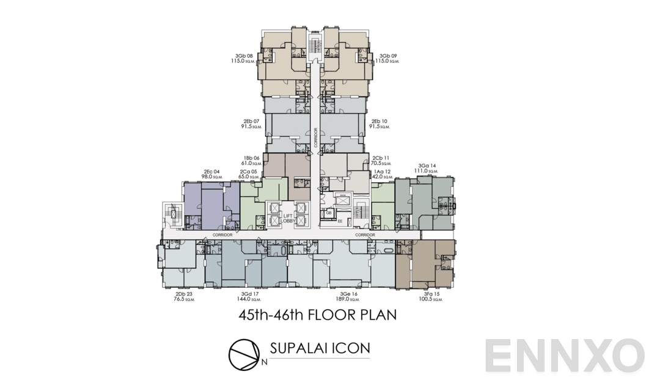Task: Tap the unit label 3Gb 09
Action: click(x=388, y=56)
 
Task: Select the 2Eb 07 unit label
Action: click(x=251, y=121)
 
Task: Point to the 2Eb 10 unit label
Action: click(x=380, y=121)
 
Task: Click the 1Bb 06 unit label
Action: click(x=251, y=158)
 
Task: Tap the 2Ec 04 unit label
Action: click(x=212, y=172)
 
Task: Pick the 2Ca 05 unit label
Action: click(x=248, y=172)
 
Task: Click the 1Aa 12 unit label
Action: click(x=382, y=172)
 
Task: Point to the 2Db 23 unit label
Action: click(x=183, y=294)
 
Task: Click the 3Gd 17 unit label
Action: click(x=250, y=294)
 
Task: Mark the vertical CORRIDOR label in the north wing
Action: click(x=315, y=137)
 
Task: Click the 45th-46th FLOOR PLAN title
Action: click(x=317, y=315)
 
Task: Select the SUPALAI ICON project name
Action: click(x=320, y=348)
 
